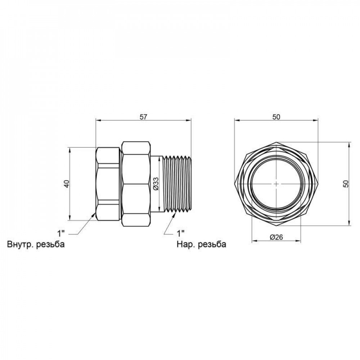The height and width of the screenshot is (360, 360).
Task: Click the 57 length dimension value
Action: coord(143,117)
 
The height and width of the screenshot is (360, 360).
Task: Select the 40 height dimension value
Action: coord(67,184)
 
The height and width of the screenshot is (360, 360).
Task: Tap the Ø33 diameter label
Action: coord(156,184)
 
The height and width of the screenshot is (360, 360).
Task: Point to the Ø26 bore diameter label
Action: coord(276,237)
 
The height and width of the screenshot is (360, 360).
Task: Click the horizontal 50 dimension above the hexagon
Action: coord(276,117)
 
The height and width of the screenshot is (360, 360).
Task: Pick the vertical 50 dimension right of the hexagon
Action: coord(346,184)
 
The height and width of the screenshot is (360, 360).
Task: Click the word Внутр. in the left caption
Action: coord(21,244)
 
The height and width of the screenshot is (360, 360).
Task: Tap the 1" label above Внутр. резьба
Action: coord(61,234)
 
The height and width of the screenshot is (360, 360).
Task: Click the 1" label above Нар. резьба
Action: coord(181,234)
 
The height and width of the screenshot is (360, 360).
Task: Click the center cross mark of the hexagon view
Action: coord(276,184)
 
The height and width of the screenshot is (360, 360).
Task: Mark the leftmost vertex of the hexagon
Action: coord(235,184)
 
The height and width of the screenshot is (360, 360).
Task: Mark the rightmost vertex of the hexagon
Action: coord(318,184)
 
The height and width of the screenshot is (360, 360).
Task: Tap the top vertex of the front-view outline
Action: coord(276,142)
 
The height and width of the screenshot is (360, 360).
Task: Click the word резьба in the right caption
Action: coord(212,244)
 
